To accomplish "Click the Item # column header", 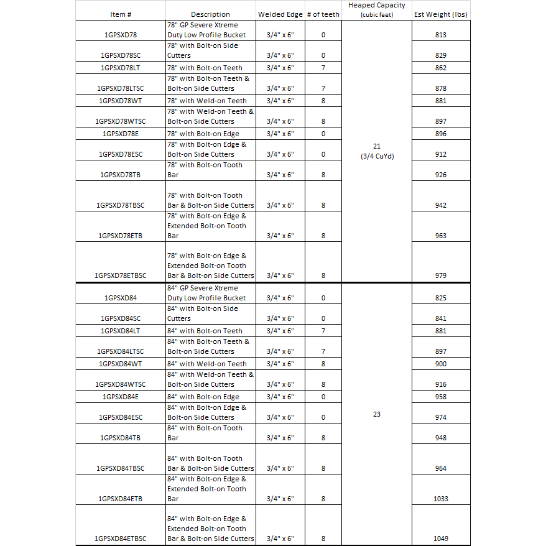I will point(121,14).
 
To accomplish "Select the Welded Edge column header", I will point(280,14).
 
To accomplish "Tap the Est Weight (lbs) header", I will point(441,14).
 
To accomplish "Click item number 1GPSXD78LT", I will point(121,68).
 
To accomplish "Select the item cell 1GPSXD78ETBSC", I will point(121,275).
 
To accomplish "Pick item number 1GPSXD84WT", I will point(121,364).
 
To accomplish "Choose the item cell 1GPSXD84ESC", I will point(121,417).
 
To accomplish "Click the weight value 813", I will point(441,35).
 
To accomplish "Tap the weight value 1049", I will point(441,539).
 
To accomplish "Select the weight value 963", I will point(441,236).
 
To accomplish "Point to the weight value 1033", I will point(441,499).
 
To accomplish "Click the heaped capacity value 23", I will point(377,414).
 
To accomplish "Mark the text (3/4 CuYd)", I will point(377,156).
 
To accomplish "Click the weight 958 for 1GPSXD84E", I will point(441,397).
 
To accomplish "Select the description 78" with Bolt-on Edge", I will point(203,134).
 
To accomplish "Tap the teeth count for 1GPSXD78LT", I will point(323,68).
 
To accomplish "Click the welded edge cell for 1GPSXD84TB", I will point(280,438).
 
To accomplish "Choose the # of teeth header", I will point(323,14).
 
